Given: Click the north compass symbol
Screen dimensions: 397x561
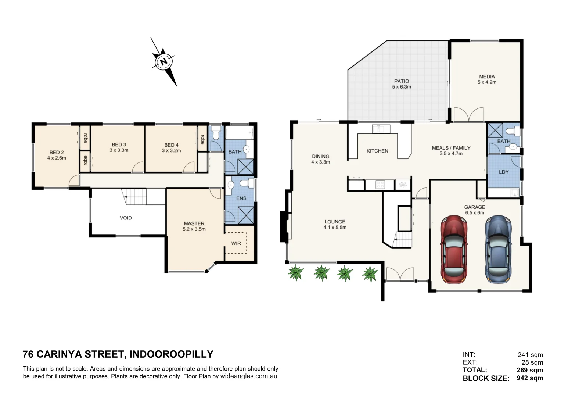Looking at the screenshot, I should coord(164,61).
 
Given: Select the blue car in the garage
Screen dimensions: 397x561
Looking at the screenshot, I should coord(498,249).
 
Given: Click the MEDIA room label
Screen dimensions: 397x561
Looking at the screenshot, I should coord(487,76).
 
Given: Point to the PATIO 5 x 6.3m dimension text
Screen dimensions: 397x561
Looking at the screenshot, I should coord(401,87).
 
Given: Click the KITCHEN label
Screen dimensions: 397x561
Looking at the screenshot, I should coord(377,151).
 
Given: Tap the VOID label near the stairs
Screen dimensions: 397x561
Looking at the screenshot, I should coord(126,218).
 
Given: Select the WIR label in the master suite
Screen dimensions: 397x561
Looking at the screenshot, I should coord(236,243).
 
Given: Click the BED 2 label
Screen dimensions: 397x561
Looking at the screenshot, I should coord(57,152).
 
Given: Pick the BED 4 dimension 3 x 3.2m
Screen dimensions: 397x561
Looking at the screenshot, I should coord(171,151).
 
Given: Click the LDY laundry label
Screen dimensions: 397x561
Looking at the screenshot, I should coord(504,172).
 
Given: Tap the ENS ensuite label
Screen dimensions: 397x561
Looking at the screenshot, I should coord(241,198).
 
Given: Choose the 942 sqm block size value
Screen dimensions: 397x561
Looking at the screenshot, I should coord(530,378).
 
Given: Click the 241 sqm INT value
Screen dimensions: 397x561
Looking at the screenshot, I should coord(530,355).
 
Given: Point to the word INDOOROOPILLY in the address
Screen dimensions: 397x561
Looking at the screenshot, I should coord(171,354).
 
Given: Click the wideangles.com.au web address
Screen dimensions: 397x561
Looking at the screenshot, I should coord(249,376).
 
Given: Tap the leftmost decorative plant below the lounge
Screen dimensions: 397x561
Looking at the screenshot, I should coord(296,273).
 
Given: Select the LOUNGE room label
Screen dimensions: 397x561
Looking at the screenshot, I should coord(335,222).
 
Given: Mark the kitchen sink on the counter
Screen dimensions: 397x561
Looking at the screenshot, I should coord(380,129).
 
